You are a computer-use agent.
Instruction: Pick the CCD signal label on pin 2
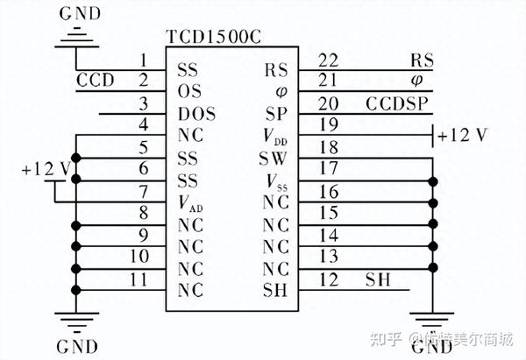[95, 80]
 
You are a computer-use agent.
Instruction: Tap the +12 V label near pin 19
[464, 136]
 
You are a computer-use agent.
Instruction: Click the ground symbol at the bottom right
[433, 321]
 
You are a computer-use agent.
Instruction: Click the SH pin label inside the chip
[274, 289]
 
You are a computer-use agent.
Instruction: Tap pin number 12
[330, 279]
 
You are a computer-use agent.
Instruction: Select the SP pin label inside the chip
[275, 113]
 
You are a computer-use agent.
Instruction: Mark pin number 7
[145, 191]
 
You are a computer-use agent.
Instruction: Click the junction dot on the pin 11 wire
[77, 289]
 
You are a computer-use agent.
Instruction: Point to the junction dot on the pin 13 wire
[433, 266]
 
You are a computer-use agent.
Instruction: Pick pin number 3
[145, 104]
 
